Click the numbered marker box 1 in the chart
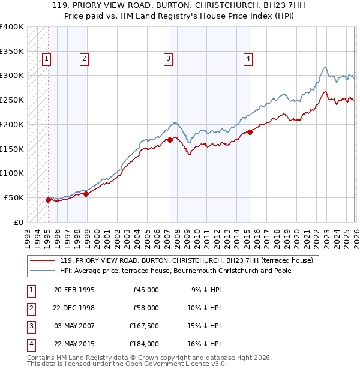pos(47,58)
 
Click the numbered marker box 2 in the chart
pos(84,58)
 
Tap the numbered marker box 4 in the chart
pos(248,58)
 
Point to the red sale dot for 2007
pos(170,140)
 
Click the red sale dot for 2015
pos(250,132)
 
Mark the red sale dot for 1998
pos(86,193)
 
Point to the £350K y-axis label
pos(12,51)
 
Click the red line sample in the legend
pos(42,261)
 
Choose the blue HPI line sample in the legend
pos(42,271)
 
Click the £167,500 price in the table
pos(144,326)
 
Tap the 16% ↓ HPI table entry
pos(206,344)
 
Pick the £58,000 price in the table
pos(146,308)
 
